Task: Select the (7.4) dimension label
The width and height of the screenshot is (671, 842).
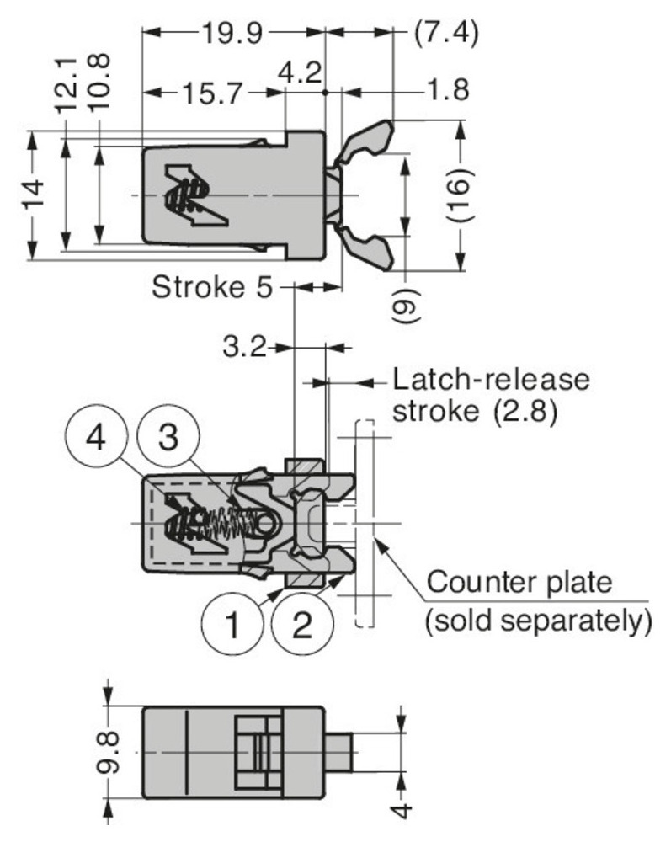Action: tap(446, 34)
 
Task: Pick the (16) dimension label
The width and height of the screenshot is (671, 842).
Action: tap(462, 196)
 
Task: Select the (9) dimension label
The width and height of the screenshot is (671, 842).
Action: tap(404, 301)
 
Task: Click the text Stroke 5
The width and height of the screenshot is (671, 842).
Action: tap(212, 288)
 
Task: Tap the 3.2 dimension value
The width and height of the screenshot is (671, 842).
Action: tap(245, 346)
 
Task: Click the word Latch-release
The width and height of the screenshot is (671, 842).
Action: tap(491, 379)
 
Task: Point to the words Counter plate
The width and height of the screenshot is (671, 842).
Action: tap(519, 583)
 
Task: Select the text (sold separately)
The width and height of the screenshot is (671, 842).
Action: tap(538, 622)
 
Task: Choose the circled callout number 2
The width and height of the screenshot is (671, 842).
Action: tap(302, 626)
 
